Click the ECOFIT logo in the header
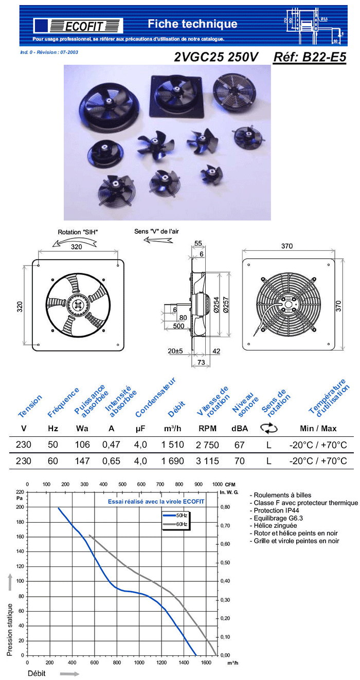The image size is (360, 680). pos(78,25)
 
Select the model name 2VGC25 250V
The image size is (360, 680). pos(217,57)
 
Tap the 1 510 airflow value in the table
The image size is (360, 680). pos(173,445)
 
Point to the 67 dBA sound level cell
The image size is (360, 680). pos(239,445)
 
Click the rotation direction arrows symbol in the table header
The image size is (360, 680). pos(268,428)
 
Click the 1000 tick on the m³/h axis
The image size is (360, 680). pos(139,663)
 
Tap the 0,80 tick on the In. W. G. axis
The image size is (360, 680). pos(225,507)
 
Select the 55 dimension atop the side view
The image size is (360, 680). pos(198,243)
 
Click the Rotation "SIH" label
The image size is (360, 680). pos(77,232)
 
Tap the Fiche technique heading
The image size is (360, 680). pos(192,24)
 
